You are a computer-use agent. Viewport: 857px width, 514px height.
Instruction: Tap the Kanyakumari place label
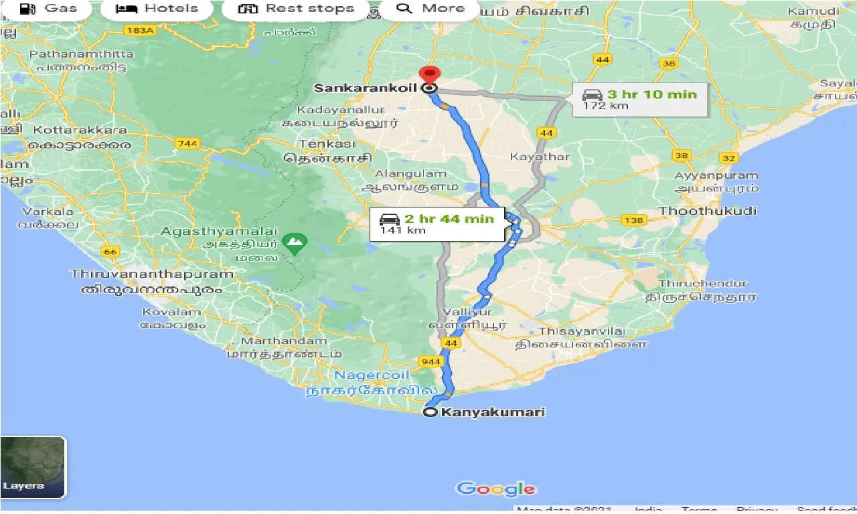492,412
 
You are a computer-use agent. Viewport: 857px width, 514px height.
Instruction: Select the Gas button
48,9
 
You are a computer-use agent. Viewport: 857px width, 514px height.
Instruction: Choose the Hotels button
158,9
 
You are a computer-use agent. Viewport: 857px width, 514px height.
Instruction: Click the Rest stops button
297,9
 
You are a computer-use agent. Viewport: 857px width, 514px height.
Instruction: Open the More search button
431,9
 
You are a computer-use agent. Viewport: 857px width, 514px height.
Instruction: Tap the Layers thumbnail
33,467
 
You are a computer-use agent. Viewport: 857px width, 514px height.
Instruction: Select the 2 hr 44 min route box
437,224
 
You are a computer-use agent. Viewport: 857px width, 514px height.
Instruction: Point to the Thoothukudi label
708,211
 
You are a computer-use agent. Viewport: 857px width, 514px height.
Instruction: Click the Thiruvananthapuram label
153,274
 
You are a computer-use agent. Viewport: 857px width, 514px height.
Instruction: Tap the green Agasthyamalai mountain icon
293,242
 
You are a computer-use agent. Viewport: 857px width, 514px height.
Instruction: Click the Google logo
496,489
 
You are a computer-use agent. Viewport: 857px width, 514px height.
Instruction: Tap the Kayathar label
540,157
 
